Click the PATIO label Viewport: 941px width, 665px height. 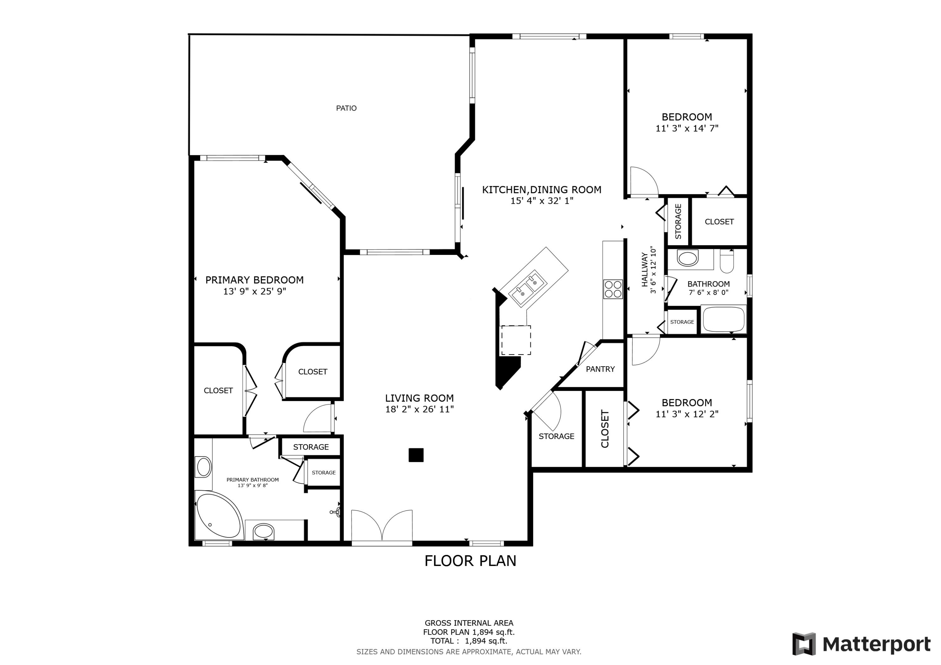pyautogui.click(x=346, y=108)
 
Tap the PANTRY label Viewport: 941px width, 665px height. pyautogui.click(x=600, y=369)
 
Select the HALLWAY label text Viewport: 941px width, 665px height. pyautogui.click(x=645, y=270)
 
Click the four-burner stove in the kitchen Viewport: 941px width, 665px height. pyautogui.click(x=613, y=289)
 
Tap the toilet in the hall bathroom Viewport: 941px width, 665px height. pyautogui.click(x=727, y=262)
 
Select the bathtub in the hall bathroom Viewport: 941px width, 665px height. pyautogui.click(x=723, y=319)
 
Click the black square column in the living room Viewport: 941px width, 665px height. pyautogui.click(x=416, y=455)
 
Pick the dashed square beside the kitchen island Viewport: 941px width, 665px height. pyautogui.click(x=516, y=340)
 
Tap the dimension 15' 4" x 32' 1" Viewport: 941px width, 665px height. pyautogui.click(x=541, y=201)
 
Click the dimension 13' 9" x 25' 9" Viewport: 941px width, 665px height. pyautogui.click(x=254, y=291)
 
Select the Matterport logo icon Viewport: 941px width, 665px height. pyautogui.click(x=804, y=644)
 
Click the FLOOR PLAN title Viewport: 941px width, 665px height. pyautogui.click(x=470, y=561)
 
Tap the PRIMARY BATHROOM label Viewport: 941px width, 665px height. pyautogui.click(x=253, y=480)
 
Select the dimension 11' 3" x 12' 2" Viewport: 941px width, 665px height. pyautogui.click(x=687, y=414)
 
